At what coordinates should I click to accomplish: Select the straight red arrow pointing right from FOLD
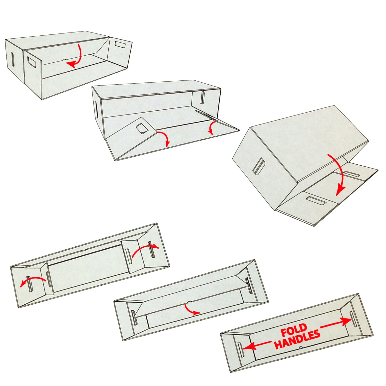point(336,323)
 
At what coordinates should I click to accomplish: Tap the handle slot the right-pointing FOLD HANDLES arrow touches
point(353,319)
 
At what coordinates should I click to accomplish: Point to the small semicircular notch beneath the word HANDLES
point(300,348)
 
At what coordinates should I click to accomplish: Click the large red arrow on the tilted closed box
point(336,175)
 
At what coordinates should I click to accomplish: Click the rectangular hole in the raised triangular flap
point(141,128)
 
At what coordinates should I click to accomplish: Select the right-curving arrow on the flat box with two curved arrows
point(145,249)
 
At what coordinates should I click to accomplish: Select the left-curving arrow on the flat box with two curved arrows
point(32,281)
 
